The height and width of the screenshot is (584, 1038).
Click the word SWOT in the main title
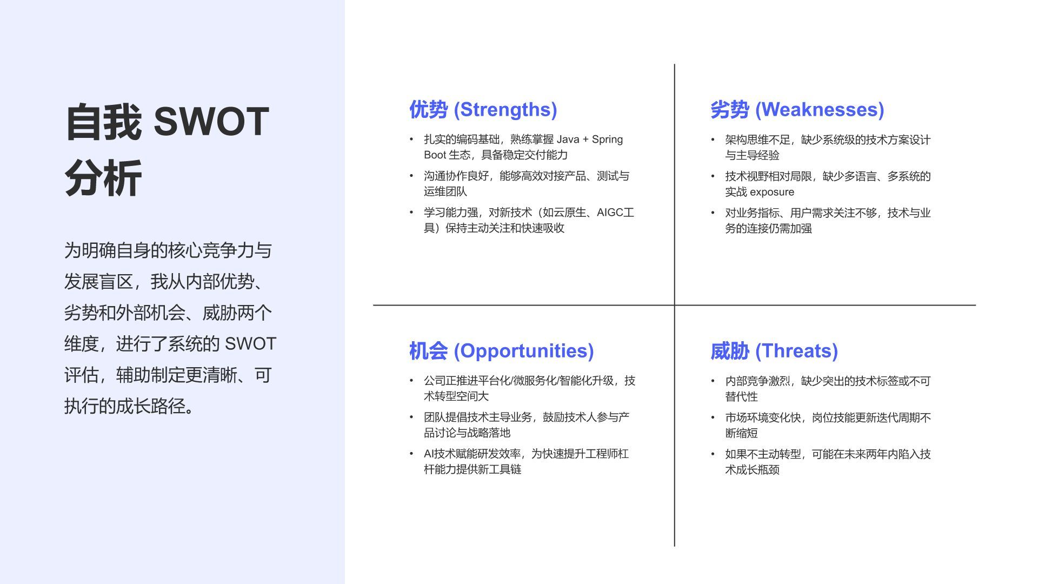click(211, 122)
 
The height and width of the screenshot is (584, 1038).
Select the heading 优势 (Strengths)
click(483, 109)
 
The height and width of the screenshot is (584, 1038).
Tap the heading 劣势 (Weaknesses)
click(797, 109)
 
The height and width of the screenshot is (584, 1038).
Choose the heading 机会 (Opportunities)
click(501, 351)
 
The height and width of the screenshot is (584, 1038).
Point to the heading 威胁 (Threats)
click(774, 351)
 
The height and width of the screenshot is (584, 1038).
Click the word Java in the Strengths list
click(568, 140)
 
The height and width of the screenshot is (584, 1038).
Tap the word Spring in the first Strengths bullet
click(607, 140)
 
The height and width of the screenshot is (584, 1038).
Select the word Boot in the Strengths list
click(435, 155)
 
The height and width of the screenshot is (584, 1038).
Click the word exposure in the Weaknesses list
click(772, 192)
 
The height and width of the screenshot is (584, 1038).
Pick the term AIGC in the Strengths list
click(610, 213)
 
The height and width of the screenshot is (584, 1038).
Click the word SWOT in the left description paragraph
click(250, 344)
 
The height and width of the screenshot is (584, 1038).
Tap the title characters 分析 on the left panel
click(103, 178)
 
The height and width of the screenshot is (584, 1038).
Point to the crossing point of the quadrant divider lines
click(674, 305)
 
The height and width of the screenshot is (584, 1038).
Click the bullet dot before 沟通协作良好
click(411, 176)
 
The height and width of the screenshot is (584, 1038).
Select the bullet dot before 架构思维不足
click(713, 140)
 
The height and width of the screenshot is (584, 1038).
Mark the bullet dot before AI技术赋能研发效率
click(411, 454)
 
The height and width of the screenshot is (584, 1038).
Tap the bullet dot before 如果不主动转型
click(713, 454)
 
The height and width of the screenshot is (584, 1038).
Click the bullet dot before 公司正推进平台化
click(411, 381)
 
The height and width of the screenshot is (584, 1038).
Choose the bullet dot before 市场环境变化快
click(713, 418)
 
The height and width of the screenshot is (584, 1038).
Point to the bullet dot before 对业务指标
click(713, 213)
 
